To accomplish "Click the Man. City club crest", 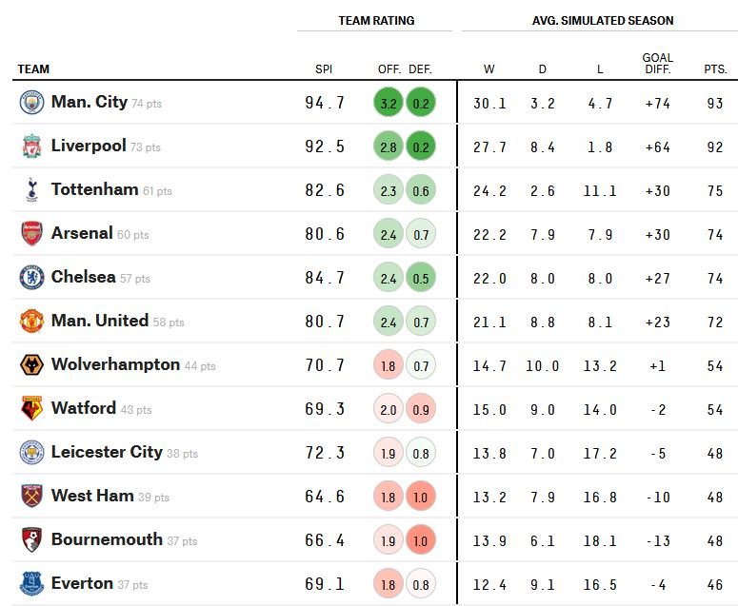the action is point(32,103).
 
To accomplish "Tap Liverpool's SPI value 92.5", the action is point(325,147).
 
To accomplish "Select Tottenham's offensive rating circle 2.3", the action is point(389,190).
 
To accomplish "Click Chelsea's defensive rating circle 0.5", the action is point(421,278).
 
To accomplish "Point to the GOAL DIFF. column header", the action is point(657,64).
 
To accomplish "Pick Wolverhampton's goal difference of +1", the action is point(657,365).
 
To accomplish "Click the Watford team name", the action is point(83,407).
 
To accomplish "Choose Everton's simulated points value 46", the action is point(715,584).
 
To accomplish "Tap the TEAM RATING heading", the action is point(376,21).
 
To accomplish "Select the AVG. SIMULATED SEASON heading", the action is point(603,21).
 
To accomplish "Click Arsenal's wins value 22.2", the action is point(489,234).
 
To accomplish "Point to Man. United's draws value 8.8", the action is point(543,323).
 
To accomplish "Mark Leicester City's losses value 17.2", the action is point(600,453).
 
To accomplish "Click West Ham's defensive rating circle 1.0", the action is point(421,497).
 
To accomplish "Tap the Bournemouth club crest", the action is point(32,539).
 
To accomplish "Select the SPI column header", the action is point(324,69).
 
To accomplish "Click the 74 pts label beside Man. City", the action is point(147,104).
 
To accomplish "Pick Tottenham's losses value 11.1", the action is point(600,190).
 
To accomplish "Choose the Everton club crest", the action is point(32,583).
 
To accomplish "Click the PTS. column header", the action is point(715,69).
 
